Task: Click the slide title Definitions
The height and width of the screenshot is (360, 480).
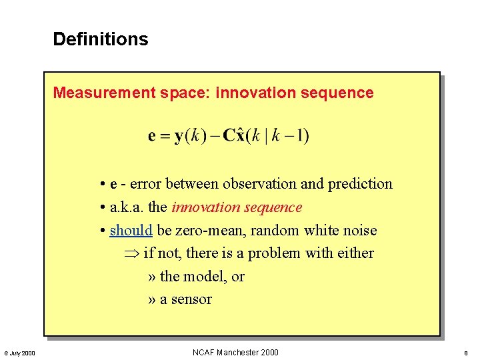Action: coord(101,39)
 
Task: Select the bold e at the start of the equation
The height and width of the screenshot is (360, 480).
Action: coord(152,137)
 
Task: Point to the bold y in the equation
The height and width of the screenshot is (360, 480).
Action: coord(179,137)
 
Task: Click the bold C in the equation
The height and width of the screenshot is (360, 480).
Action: coord(230,136)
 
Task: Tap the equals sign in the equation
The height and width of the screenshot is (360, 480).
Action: coord(164,137)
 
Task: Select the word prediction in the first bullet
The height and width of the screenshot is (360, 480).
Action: coord(361,184)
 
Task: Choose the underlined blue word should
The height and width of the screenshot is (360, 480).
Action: coord(131,231)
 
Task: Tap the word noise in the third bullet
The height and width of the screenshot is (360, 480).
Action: coord(359,231)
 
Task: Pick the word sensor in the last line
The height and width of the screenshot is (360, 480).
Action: coord(191,299)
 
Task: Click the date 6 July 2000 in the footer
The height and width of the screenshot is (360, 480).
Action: coord(20,353)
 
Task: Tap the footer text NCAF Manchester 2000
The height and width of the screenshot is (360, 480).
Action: coord(235,353)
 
